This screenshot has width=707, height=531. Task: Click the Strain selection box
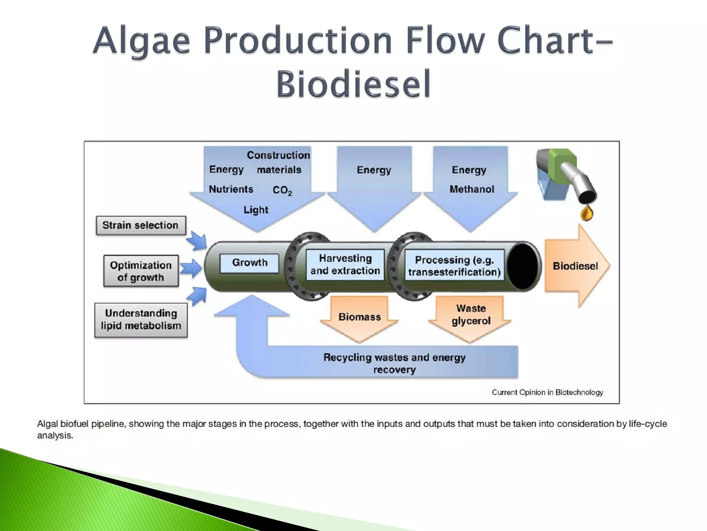[x=141, y=225]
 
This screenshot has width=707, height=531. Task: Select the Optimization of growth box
[x=141, y=271]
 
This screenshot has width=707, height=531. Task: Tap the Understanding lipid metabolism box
[x=141, y=320]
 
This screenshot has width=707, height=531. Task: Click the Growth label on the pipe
[x=249, y=263]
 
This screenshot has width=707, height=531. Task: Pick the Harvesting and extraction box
[x=345, y=264]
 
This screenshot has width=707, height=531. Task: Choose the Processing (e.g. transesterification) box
[x=454, y=266]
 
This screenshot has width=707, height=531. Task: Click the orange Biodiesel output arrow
[x=576, y=266]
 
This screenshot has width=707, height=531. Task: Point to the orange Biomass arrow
[x=359, y=317]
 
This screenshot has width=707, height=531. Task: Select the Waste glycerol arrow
[x=471, y=315]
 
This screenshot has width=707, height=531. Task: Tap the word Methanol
[x=472, y=189]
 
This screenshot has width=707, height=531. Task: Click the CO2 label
[x=282, y=190]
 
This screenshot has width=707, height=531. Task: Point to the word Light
[x=256, y=210]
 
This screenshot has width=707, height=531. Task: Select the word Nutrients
[x=231, y=189]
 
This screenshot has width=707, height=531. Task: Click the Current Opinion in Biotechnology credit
[x=547, y=392]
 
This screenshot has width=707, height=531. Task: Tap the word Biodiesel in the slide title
[x=353, y=84]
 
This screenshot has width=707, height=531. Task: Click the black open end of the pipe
[x=523, y=266]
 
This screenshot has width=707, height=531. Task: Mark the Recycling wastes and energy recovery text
[x=394, y=363]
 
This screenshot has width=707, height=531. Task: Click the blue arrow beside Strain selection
[x=197, y=241]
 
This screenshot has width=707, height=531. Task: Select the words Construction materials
[x=279, y=162]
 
